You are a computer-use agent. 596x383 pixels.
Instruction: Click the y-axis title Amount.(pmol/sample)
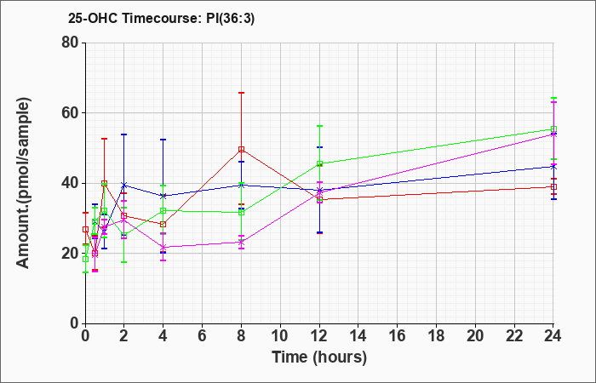(x=23, y=183)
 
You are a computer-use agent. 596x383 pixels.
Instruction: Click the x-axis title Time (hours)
(x=319, y=357)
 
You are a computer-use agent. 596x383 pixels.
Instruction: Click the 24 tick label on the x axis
(x=553, y=336)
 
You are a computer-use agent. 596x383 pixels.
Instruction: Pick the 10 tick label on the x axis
(x=280, y=336)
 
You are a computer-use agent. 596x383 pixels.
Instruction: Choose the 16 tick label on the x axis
(x=398, y=336)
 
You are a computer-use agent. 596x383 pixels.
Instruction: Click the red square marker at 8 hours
(x=241, y=149)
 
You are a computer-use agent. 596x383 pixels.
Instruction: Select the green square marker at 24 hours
(x=553, y=129)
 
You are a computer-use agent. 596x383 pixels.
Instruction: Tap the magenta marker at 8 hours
(x=241, y=242)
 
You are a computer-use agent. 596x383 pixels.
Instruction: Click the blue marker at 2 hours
(x=124, y=185)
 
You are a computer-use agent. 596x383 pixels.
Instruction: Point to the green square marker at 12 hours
(x=319, y=163)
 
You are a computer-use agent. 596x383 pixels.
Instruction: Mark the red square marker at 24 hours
(x=553, y=186)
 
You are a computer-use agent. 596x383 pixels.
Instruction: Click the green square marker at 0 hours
(x=85, y=259)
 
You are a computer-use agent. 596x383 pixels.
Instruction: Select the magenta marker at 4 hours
(x=163, y=247)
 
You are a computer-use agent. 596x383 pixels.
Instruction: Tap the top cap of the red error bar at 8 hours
(x=241, y=92)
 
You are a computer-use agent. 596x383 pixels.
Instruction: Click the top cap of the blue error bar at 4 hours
(x=163, y=140)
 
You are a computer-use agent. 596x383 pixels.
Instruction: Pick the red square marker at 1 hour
(x=104, y=183)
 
